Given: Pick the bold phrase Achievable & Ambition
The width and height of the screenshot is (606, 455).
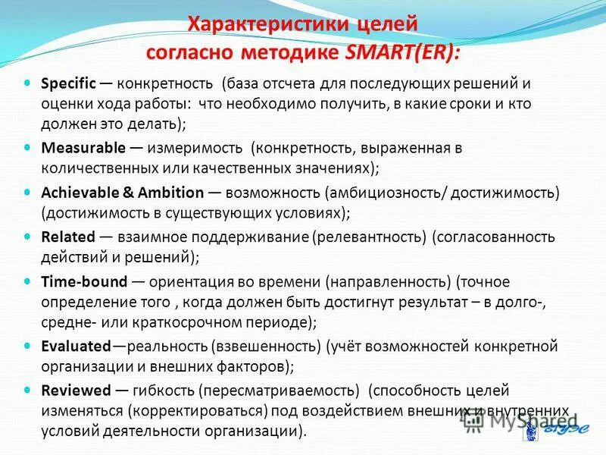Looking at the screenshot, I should pos(123,193).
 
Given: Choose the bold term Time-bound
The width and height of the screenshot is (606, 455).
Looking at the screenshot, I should pos(84,281).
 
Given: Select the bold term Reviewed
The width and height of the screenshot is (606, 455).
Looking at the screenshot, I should pos(74,391).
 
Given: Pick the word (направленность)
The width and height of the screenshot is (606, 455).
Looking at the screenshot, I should pos(388,281).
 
